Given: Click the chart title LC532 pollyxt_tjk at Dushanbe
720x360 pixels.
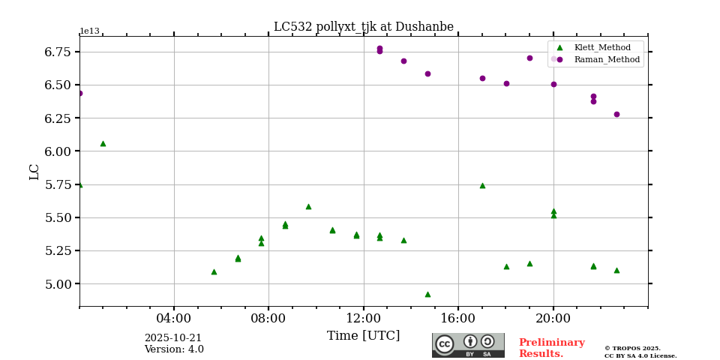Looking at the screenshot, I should (x=363, y=27).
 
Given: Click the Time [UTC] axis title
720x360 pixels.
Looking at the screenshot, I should (x=363, y=336).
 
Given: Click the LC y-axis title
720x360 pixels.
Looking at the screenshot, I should (x=34, y=172).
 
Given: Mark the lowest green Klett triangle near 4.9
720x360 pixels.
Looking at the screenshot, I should (x=427, y=294).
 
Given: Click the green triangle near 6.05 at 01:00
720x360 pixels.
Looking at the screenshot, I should (x=103, y=143).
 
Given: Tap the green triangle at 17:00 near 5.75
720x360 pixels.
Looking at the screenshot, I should (x=482, y=185).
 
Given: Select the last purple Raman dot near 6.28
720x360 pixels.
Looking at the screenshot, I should (x=616, y=114).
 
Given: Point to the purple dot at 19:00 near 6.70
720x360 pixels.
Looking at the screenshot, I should (x=529, y=58).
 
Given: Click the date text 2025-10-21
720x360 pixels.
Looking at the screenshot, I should (x=173, y=338).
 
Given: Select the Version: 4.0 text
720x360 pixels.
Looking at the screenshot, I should (x=174, y=349).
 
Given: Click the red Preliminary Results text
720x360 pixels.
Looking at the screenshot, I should (x=551, y=348).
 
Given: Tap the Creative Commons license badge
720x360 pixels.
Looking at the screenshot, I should (x=468, y=345).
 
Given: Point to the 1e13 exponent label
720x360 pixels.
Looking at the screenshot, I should (x=89, y=31).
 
